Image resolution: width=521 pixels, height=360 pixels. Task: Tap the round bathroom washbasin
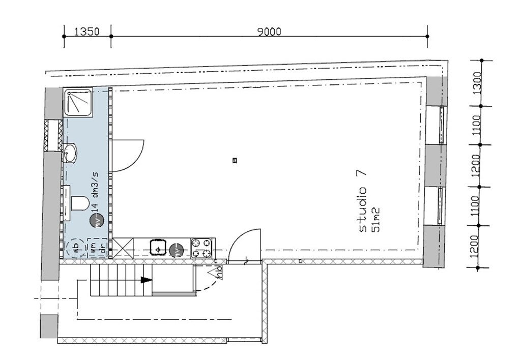[x=71, y=151]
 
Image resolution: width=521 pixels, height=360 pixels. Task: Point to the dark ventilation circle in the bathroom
[x=96, y=220]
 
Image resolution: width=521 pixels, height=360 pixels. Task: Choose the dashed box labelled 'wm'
[x=94, y=248]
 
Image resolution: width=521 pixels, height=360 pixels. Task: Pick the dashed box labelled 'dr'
[x=103, y=248]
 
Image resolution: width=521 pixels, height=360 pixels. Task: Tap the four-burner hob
[x=201, y=248]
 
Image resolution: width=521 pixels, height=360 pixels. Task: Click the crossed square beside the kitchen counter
[x=123, y=248]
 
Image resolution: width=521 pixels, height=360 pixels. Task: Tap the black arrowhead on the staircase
[x=147, y=280]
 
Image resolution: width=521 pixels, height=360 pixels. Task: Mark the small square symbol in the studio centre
[x=235, y=161]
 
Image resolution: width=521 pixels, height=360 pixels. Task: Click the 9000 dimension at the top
[x=269, y=32]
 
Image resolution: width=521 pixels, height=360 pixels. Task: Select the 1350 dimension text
[x=86, y=32]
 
